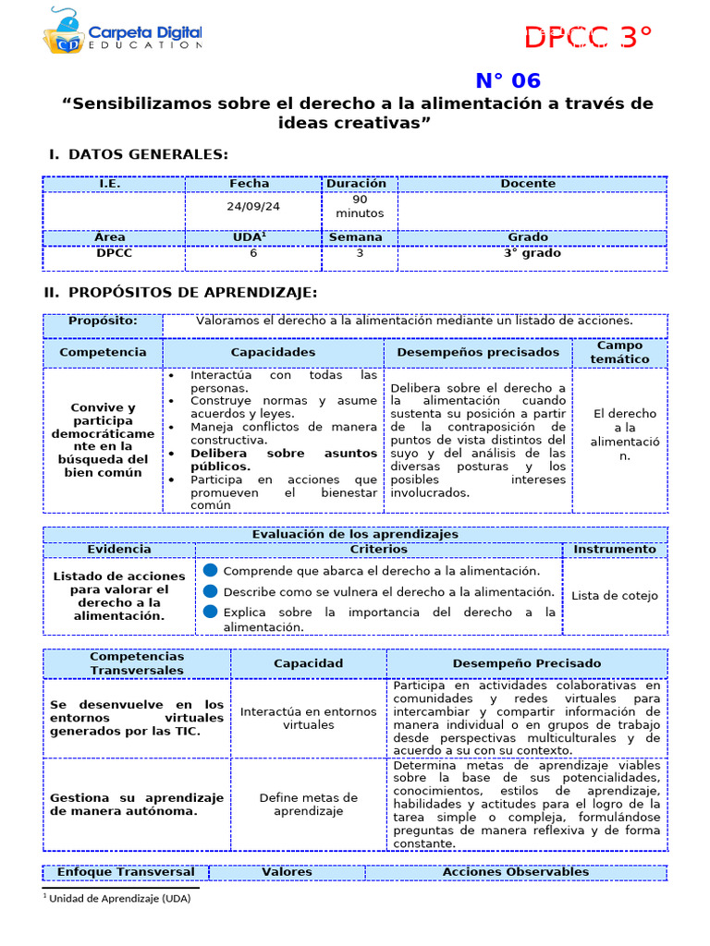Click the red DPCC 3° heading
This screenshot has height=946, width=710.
click(x=588, y=38)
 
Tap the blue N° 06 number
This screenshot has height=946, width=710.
click(x=508, y=81)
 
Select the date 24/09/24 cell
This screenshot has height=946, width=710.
click(x=253, y=207)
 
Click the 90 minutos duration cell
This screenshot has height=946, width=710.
click(x=360, y=206)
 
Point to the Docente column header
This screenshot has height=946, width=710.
click(x=528, y=184)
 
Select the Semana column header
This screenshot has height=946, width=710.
click(x=356, y=237)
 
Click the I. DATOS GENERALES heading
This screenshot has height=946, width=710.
click(x=139, y=154)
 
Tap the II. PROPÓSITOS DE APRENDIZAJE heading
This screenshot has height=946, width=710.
click(x=181, y=293)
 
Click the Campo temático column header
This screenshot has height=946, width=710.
click(x=619, y=352)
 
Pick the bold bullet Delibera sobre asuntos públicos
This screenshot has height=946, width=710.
click(x=272, y=460)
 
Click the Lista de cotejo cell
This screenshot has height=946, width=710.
click(x=614, y=596)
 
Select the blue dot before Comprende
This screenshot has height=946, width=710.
click(x=211, y=571)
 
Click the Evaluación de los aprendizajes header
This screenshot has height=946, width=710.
click(x=355, y=534)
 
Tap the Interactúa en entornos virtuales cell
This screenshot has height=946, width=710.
click(x=308, y=718)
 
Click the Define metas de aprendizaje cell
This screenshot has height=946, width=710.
click(x=308, y=804)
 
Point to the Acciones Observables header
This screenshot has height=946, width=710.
click(x=515, y=872)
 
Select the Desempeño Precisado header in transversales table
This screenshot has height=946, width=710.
click(x=526, y=663)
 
